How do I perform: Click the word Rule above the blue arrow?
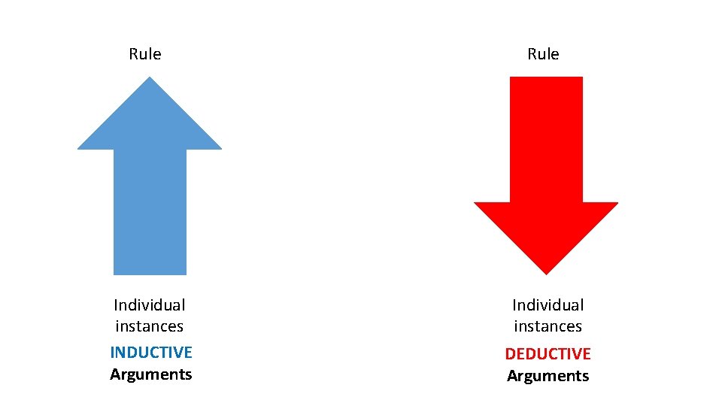tap(145, 54)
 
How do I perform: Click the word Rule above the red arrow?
tap(543, 54)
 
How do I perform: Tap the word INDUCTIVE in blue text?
tap(151, 352)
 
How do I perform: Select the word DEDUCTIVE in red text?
tap(548, 353)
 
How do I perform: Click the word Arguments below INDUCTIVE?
tap(151, 374)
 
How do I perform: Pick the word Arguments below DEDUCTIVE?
tap(548, 376)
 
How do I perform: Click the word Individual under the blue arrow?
tap(150, 304)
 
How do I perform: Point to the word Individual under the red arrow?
tap(548, 304)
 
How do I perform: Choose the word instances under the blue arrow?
tap(150, 326)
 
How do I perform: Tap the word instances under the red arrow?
tap(548, 326)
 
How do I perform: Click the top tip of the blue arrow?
tap(150, 78)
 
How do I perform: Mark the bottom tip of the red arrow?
tap(546, 272)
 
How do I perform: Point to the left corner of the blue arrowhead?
tap(80, 147)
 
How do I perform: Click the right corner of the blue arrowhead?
tap(220, 147)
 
